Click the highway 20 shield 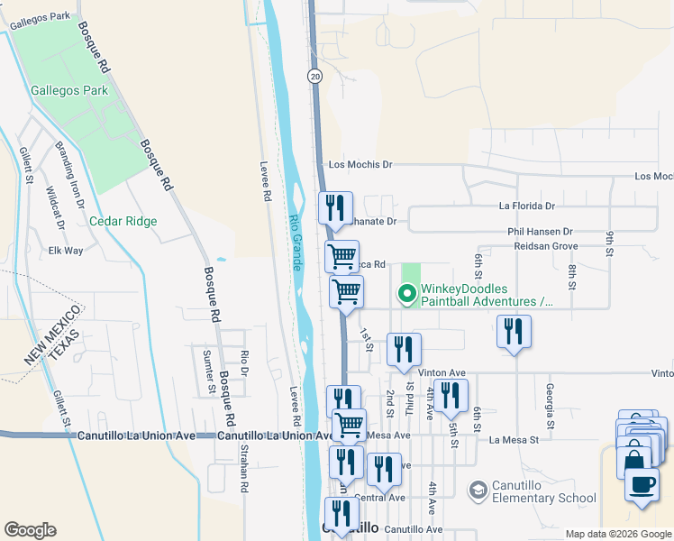[314, 77]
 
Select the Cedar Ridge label [123, 221]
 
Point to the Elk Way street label [66, 250]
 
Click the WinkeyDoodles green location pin [406, 293]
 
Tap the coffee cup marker [642, 484]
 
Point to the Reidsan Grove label [545, 245]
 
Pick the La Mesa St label [514, 440]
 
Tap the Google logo [30, 530]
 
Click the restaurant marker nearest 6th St [514, 331]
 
